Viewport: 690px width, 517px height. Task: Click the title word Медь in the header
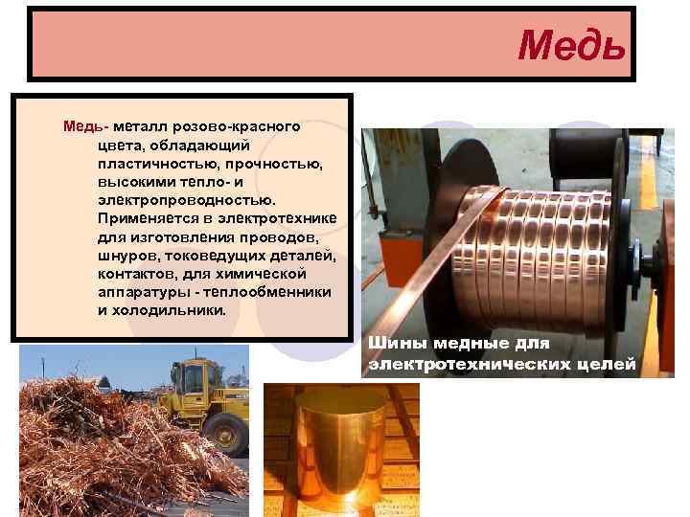(x=571, y=44)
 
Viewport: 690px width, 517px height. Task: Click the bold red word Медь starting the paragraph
(x=83, y=126)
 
